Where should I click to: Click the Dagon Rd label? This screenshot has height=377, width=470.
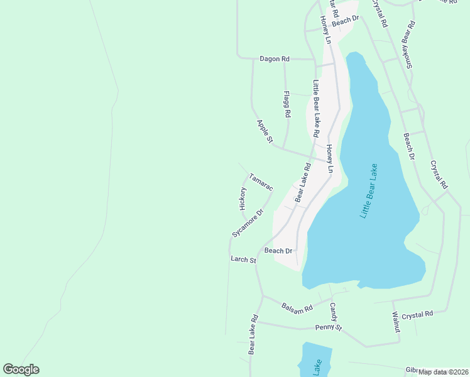[x=275, y=59]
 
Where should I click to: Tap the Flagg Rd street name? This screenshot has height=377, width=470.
[x=287, y=105]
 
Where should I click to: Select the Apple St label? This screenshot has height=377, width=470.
[x=265, y=132]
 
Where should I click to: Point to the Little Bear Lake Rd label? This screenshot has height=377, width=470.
[x=317, y=109]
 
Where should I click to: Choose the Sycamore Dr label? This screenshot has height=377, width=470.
[x=246, y=223]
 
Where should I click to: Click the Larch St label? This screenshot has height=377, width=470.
[x=243, y=260]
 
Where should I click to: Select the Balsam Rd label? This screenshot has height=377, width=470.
[x=297, y=308]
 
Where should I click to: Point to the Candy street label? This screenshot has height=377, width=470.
[x=334, y=312]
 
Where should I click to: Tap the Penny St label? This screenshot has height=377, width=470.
[x=329, y=328]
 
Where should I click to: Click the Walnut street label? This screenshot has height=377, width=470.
[x=396, y=322]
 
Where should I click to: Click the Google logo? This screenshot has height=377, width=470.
[x=21, y=369]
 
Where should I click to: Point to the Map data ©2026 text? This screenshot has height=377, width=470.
[x=443, y=372]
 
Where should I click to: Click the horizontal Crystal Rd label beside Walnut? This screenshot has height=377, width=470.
[x=418, y=314]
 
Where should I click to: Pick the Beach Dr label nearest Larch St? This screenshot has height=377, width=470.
[x=278, y=251]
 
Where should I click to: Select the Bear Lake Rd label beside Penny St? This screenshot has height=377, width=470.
[x=254, y=334]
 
